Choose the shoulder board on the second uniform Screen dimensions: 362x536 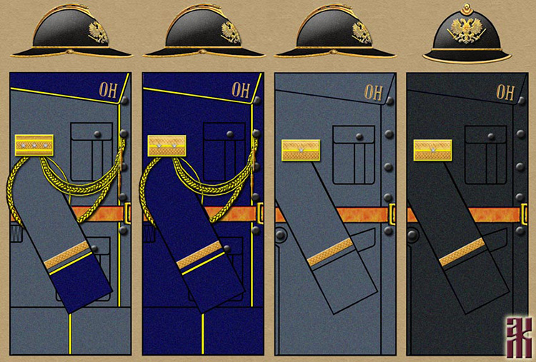(x=167, y=146)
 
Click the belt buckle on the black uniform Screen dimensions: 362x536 (x=525, y=213)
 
